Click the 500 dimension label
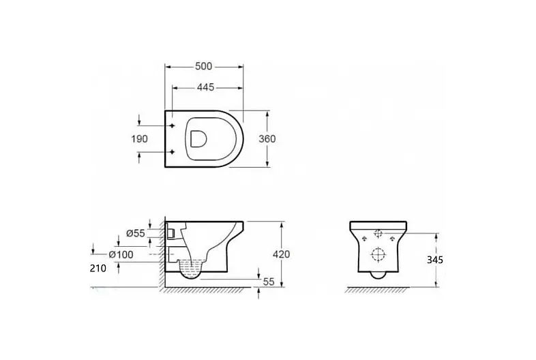tap(204, 66)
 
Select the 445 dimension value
tap(206, 87)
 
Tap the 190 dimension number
tap(140, 139)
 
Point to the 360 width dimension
tap(267, 139)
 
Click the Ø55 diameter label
tap(136, 233)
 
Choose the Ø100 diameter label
tap(121, 255)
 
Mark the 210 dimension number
tap(98, 269)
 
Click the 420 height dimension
tap(282, 254)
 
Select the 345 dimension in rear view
tap(435, 260)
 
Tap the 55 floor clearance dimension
tap(269, 282)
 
